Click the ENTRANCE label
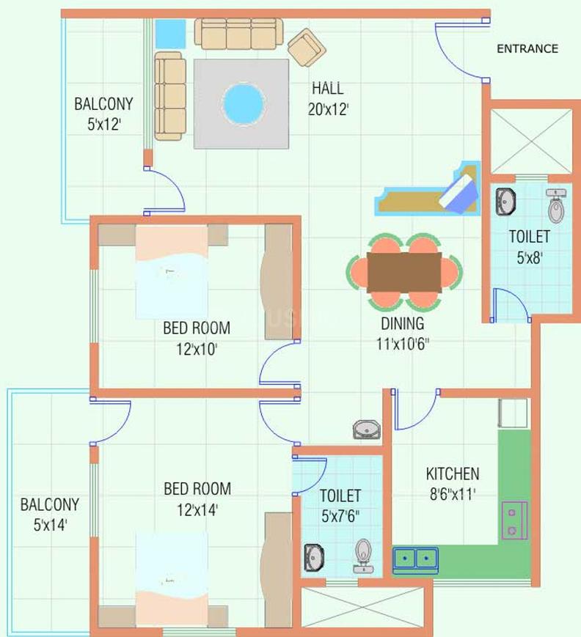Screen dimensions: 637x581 (527, 49)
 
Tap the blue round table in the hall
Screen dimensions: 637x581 (243, 104)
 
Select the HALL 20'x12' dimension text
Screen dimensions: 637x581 (327, 99)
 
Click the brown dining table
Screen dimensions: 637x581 (404, 272)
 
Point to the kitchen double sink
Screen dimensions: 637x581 (414, 559)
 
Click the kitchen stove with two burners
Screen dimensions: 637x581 (511, 520)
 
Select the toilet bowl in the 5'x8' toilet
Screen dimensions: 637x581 (557, 207)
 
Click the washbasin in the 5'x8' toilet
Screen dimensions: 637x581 (505, 202)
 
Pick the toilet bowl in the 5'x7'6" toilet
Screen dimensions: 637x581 (363, 556)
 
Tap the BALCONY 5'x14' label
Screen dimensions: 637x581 (49, 514)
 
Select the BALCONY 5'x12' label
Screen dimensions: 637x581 (103, 113)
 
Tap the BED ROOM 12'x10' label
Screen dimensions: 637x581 (197, 338)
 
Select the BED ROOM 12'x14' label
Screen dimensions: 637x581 (197, 498)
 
